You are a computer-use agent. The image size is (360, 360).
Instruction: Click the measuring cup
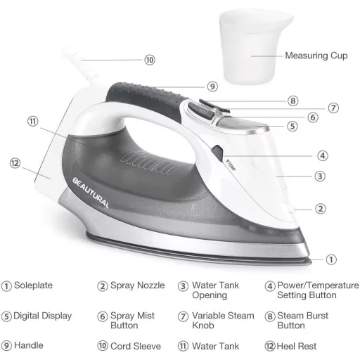pos(255,47)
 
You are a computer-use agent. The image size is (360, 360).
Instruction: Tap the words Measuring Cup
pos(316,56)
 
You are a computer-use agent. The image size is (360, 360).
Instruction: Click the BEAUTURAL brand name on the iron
pos(91,193)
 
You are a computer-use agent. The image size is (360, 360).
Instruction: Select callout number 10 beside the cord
pos(150,60)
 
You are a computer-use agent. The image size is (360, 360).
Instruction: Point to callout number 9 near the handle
pos(212,86)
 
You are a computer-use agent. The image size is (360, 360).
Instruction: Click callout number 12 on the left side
pos(15,163)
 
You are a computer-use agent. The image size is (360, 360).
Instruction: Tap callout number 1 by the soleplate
pos(331,259)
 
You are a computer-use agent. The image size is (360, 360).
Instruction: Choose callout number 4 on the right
pos(323,155)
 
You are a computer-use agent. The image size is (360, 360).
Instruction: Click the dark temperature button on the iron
pos(217,153)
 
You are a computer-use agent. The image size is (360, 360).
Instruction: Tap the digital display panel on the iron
pos(241,124)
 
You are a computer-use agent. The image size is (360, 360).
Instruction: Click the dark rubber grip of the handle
pos(146,100)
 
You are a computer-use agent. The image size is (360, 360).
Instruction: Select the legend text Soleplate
pos(33,285)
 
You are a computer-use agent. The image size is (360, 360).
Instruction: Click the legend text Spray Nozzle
pos(138,285)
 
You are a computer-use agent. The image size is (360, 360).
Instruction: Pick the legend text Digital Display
pos(42,316)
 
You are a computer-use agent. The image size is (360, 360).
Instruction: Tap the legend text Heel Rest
pos(297,346)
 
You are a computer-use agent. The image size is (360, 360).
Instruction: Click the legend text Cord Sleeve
pos(136,346)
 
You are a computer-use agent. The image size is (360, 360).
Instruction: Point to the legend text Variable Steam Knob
pos(223,321)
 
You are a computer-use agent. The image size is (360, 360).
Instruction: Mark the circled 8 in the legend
pos(270,316)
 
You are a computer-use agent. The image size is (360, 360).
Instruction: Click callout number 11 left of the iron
pos(32,121)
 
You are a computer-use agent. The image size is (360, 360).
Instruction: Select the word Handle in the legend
pos(29,345)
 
